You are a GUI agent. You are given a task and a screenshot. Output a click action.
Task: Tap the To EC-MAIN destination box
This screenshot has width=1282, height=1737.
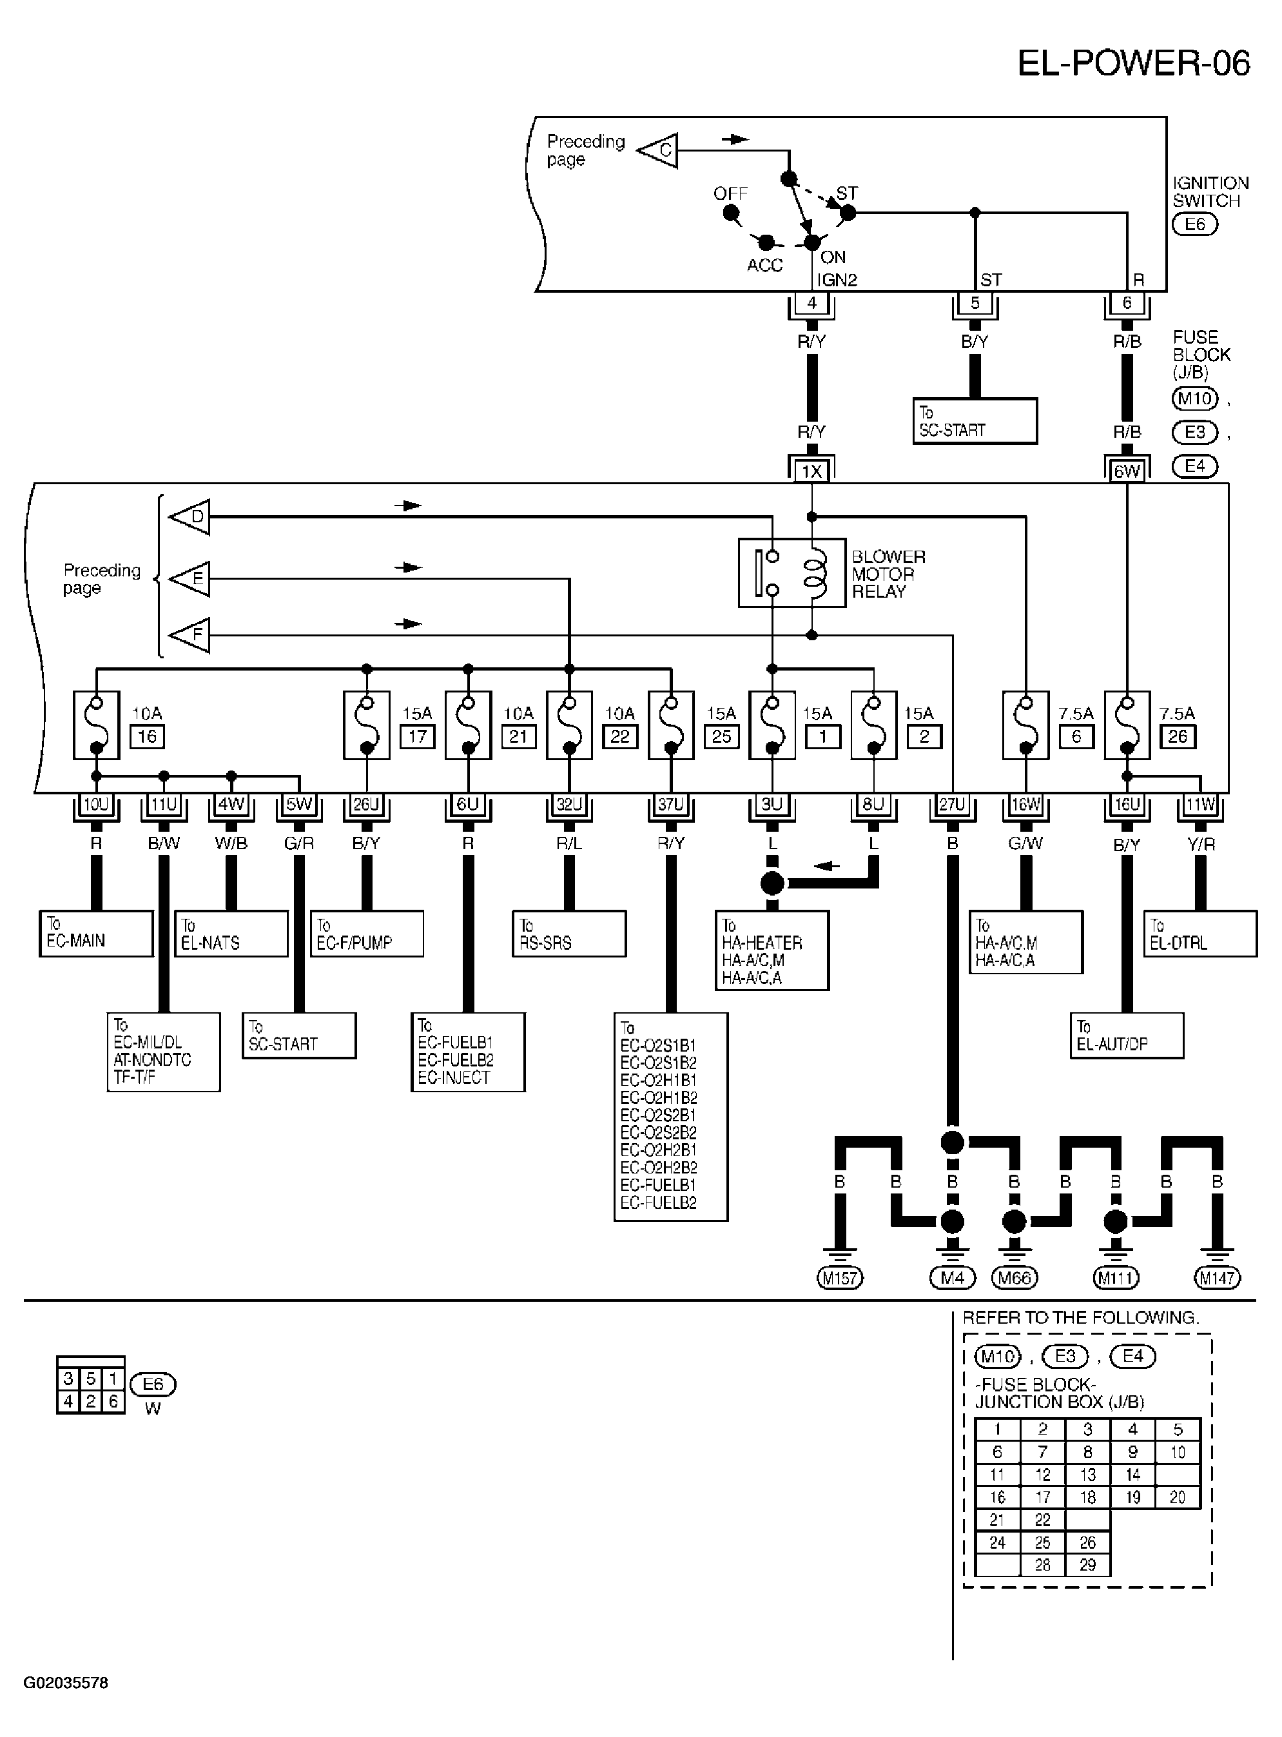pos(96,934)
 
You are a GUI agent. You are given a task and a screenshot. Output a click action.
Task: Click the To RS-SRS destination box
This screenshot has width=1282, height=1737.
pos(569,934)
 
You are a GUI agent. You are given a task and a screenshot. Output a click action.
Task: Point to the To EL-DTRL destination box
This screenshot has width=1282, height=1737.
pos(1199,934)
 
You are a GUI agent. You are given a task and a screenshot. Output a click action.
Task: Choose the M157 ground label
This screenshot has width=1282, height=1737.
pos(840,1277)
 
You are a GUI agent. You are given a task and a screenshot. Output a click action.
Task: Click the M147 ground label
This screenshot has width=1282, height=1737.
pos(1217,1277)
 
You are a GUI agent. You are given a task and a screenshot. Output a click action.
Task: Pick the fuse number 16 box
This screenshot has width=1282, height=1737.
pos(147,736)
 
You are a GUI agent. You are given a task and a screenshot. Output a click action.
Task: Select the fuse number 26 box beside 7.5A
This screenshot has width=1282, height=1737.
pos(1177,736)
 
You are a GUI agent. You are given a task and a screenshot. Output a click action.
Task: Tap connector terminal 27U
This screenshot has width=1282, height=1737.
pos(952,805)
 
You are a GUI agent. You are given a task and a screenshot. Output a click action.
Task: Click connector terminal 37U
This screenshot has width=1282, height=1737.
pos(670,805)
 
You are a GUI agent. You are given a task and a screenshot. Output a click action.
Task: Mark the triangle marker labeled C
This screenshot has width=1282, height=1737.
pos(657,150)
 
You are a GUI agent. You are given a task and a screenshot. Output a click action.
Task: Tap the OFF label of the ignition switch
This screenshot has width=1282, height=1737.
pos(730,193)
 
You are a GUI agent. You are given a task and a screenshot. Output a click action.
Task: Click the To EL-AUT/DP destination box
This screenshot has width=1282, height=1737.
pos(1127,1035)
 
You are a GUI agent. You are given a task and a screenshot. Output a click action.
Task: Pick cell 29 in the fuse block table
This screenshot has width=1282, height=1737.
pos(1087,1565)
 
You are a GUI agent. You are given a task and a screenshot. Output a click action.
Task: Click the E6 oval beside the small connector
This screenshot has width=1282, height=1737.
pos(153,1384)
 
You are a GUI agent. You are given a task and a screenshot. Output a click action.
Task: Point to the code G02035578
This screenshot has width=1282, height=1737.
pos(66,1683)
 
